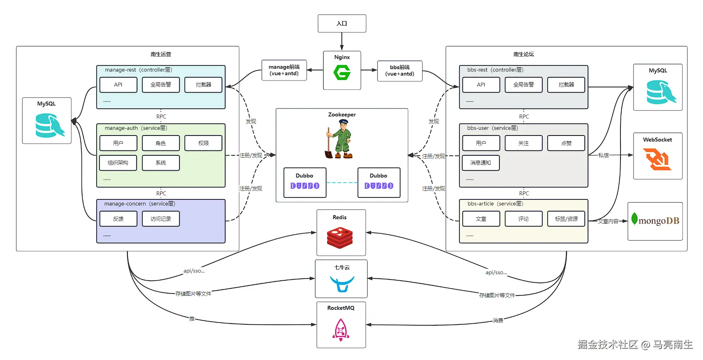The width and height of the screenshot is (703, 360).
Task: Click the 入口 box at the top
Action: (x=342, y=23)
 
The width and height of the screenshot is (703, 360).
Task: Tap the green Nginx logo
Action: (x=342, y=73)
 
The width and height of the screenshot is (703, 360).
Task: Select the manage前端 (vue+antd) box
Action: (x=284, y=70)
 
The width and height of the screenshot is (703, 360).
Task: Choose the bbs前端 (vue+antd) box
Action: (x=400, y=71)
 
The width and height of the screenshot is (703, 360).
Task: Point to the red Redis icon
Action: (x=340, y=237)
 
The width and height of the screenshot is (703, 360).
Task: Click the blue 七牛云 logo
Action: (x=342, y=283)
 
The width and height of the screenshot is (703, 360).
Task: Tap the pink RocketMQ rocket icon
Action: (x=341, y=330)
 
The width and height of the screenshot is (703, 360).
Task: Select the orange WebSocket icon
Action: (x=657, y=159)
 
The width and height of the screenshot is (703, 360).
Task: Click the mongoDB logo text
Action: (x=659, y=221)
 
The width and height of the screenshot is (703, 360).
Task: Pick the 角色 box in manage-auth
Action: (x=161, y=143)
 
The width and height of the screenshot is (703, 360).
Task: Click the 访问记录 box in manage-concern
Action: (x=161, y=219)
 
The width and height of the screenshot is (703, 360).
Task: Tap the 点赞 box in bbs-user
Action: (x=566, y=143)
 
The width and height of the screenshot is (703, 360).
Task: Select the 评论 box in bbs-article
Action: (x=523, y=219)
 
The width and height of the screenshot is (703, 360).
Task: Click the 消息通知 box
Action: (x=481, y=163)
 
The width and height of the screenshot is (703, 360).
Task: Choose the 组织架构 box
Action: (x=118, y=163)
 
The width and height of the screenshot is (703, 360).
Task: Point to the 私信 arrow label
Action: (x=603, y=155)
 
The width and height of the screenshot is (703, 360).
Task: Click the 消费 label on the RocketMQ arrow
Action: (x=498, y=320)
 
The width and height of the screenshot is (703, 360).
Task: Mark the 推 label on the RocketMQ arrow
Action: (x=192, y=319)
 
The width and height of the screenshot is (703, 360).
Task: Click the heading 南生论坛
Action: (x=523, y=54)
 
